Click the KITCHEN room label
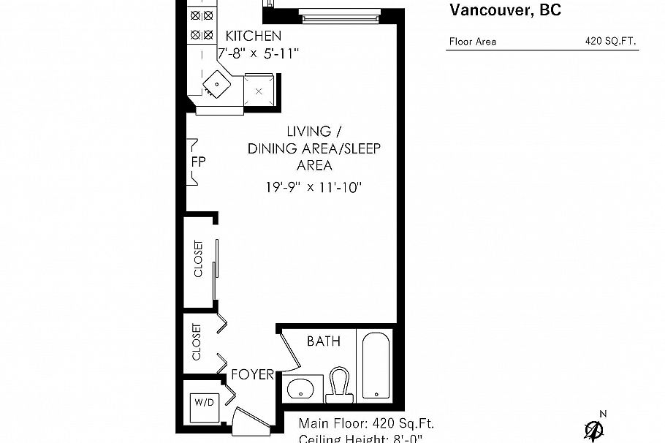coord(253,36)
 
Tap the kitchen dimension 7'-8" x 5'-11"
coord(259,53)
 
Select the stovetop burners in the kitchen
coord(201,24)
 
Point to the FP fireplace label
coord(197,162)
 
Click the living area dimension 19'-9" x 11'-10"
coord(314,187)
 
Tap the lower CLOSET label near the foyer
coord(196,342)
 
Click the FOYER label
coord(252,375)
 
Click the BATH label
coord(324,341)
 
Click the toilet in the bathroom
coord(340,385)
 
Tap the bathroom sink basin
coord(302,389)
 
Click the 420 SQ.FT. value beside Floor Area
coord(610,42)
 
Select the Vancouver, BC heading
coord(505,10)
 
